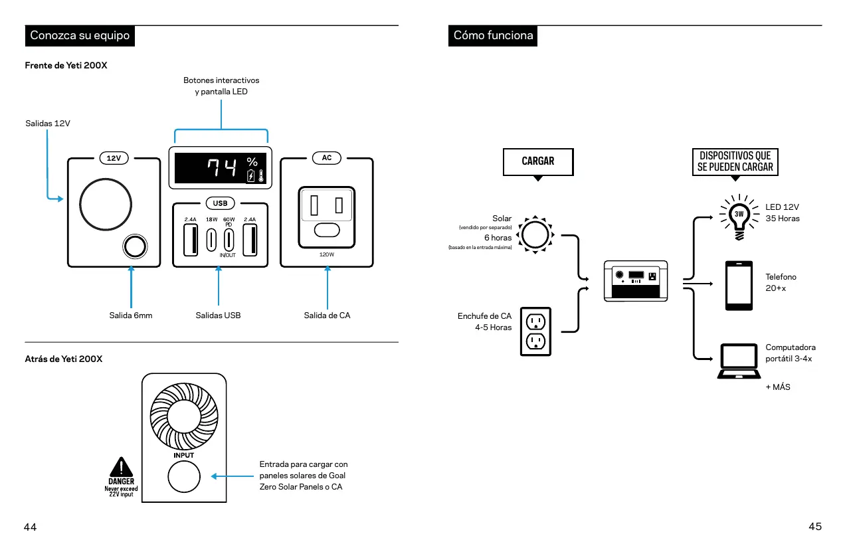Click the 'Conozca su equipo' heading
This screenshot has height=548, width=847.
click(x=80, y=35)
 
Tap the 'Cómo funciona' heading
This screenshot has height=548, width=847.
click(x=493, y=35)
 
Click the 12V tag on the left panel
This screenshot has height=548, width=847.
click(x=114, y=158)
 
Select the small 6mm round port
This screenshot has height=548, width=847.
click(x=134, y=246)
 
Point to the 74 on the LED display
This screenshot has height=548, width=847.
click(x=221, y=169)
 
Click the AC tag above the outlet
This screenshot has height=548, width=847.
click(x=327, y=158)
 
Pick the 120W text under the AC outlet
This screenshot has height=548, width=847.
click(x=327, y=254)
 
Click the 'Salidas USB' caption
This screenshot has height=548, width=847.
click(x=218, y=316)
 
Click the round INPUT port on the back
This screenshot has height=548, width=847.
click(x=183, y=478)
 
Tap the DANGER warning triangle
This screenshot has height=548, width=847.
click(x=121, y=466)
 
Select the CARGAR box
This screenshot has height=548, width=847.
click(x=538, y=161)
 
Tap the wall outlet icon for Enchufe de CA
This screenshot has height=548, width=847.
click(x=535, y=331)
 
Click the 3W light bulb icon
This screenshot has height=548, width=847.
click(x=739, y=215)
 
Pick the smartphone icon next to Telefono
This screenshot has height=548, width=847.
click(x=739, y=285)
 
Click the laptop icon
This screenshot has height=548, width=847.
click(x=738, y=361)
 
